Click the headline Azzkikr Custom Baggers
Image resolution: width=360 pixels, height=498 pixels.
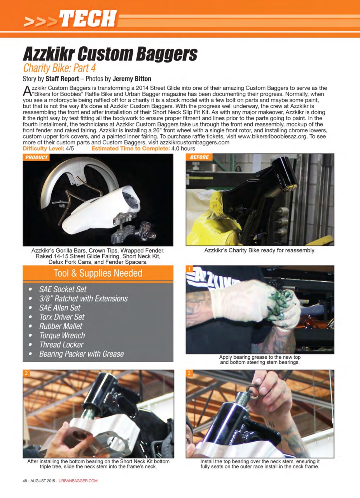(110, 53)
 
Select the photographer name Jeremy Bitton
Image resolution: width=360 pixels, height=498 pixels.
(132, 79)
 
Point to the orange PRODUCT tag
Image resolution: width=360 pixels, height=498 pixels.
(37, 158)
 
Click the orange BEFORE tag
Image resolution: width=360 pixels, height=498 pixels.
(199, 158)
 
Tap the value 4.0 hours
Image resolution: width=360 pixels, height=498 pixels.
(183, 149)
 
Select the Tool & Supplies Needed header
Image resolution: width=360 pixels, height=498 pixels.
(98, 274)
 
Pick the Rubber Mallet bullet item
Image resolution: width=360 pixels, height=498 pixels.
(61, 326)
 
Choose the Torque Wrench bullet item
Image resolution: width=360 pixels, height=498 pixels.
(62, 335)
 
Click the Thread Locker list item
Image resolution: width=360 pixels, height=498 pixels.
(61, 345)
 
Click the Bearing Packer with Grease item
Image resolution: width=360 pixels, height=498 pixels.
(81, 354)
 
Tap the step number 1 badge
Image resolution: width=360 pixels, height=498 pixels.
(190, 269)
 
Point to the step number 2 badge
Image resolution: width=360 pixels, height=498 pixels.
(26, 373)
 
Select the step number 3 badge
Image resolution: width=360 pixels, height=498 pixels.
(190, 373)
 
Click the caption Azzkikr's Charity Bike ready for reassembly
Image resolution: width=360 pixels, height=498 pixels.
(259, 250)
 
